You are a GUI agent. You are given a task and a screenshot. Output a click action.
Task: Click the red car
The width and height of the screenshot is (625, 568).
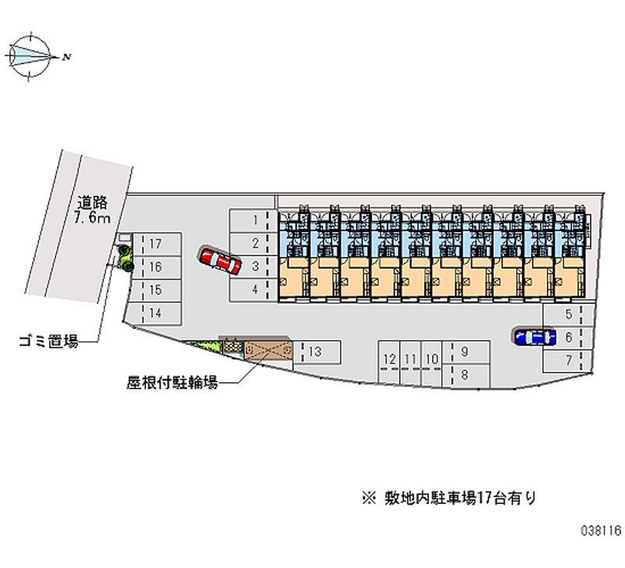click(220, 261)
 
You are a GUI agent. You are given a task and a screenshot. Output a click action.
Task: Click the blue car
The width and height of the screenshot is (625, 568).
click(535, 337)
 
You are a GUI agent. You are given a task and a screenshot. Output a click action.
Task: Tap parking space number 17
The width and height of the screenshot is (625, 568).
click(155, 244)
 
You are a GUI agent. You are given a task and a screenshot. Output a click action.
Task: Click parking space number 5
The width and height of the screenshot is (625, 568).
click(570, 315)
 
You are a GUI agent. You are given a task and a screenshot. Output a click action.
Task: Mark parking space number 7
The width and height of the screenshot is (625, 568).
click(570, 359)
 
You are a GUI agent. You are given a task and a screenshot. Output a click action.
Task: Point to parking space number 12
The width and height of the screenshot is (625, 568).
click(389, 359)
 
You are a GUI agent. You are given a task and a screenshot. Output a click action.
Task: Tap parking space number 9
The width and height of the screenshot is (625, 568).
click(465, 352)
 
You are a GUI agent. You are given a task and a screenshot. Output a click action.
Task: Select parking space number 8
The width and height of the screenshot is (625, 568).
click(465, 374)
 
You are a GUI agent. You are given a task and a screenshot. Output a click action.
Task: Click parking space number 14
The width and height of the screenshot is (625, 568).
click(155, 313)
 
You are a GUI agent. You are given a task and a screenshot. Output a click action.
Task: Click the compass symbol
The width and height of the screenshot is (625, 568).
click(31, 55)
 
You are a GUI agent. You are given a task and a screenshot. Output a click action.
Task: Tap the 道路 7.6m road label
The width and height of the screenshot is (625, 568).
click(92, 209)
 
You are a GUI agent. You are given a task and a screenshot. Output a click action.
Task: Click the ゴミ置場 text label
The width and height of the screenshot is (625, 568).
click(49, 341)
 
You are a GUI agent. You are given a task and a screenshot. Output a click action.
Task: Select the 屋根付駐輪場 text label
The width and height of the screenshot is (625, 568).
click(171, 383)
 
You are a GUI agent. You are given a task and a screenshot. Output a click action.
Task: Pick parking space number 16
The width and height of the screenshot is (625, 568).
click(155, 267)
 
